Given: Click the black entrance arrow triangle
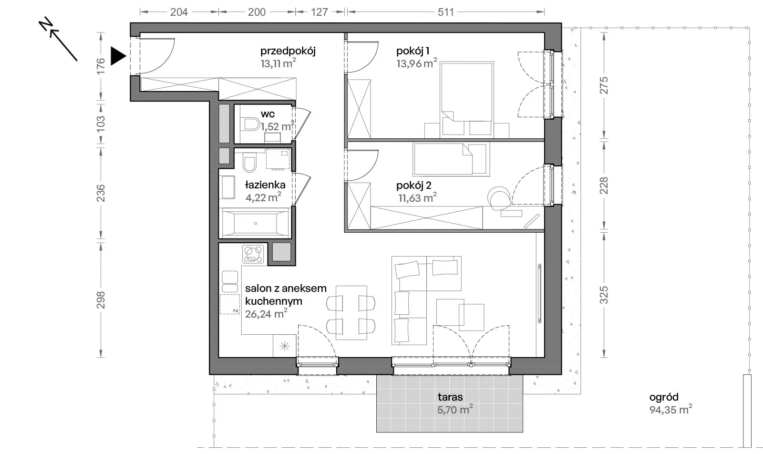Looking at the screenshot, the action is [x=117, y=56].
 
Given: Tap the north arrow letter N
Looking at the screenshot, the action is [x=46, y=25].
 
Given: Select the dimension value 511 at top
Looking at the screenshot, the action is [x=445, y=12].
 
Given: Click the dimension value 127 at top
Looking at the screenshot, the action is [x=319, y=12].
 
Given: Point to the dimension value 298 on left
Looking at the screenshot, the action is [x=101, y=300].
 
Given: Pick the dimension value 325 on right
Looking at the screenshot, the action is [x=604, y=295].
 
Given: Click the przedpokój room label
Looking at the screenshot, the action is [x=288, y=51].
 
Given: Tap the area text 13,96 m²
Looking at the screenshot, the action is [x=417, y=63].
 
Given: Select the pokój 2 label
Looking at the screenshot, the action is [x=413, y=186].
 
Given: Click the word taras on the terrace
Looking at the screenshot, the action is [x=450, y=397].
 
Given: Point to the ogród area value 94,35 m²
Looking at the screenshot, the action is [x=670, y=409].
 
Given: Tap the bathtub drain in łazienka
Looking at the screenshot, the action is [x=256, y=224].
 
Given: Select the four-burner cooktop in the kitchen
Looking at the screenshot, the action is [x=253, y=254].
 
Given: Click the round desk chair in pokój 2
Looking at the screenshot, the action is [x=499, y=197].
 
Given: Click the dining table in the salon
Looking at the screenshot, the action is [x=351, y=313].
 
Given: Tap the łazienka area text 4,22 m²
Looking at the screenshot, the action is [x=263, y=197].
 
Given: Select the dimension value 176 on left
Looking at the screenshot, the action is [x=101, y=66].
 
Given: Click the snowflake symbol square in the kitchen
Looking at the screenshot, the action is [x=284, y=346].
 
